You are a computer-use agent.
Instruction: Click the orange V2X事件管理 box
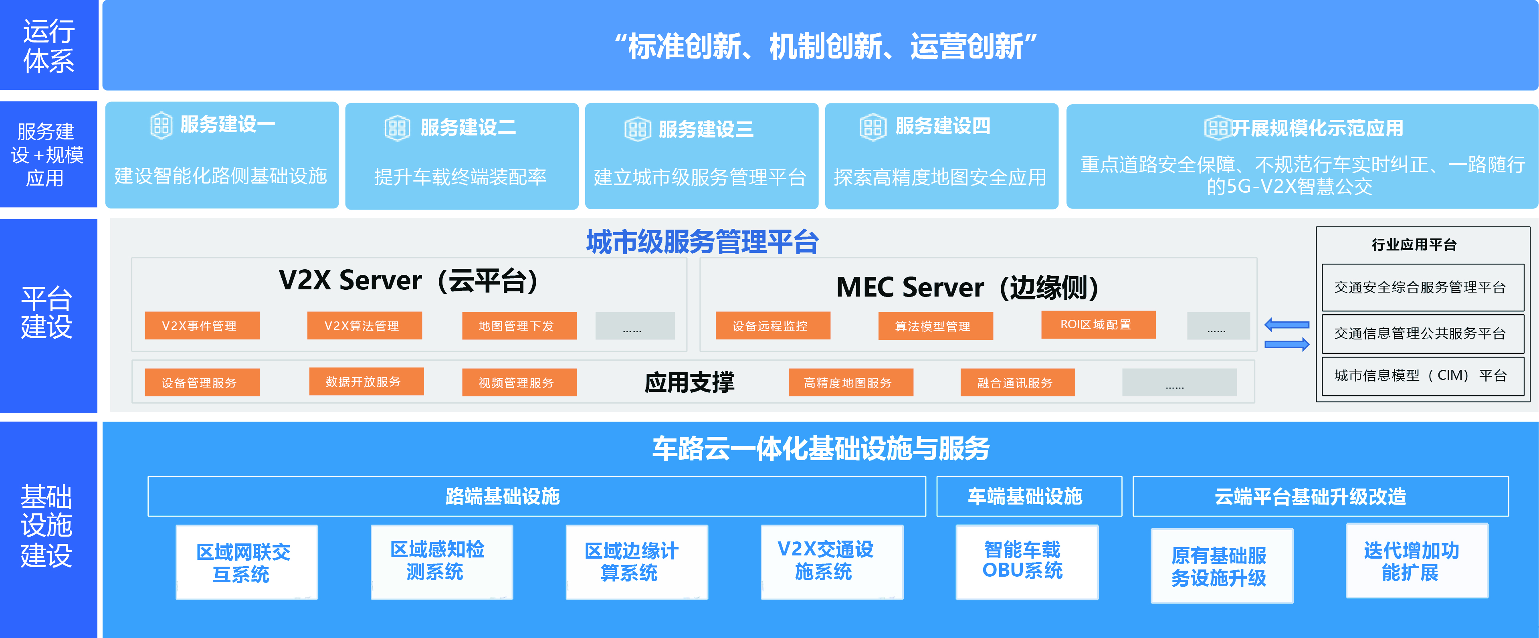click(202, 325)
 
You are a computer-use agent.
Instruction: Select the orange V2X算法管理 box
click(364, 325)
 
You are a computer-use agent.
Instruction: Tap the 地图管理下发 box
click(519, 325)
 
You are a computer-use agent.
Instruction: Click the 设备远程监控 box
click(772, 325)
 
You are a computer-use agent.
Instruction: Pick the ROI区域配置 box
click(1098, 324)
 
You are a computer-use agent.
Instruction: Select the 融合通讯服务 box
click(1018, 382)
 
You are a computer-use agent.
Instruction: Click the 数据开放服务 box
click(366, 381)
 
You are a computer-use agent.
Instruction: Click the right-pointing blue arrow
click(1287, 344)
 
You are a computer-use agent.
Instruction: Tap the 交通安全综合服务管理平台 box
click(1422, 287)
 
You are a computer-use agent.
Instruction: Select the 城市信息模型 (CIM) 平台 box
click(1422, 375)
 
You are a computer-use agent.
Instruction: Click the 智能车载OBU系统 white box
click(1026, 561)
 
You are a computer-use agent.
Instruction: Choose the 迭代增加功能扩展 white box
click(1416, 560)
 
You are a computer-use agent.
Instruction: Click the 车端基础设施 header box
click(1029, 496)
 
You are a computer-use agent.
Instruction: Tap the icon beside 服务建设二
click(397, 128)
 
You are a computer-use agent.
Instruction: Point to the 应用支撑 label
click(689, 382)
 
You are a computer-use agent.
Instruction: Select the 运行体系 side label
click(49, 45)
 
